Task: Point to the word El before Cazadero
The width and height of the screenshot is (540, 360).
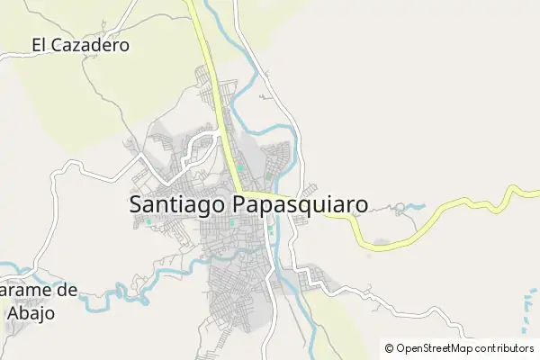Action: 39,44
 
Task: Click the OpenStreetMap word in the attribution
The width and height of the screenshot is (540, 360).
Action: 434,348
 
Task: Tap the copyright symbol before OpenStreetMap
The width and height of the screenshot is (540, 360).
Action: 389,348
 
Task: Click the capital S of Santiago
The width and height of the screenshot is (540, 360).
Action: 137,205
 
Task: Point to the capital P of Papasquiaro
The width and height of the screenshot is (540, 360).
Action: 240,205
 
